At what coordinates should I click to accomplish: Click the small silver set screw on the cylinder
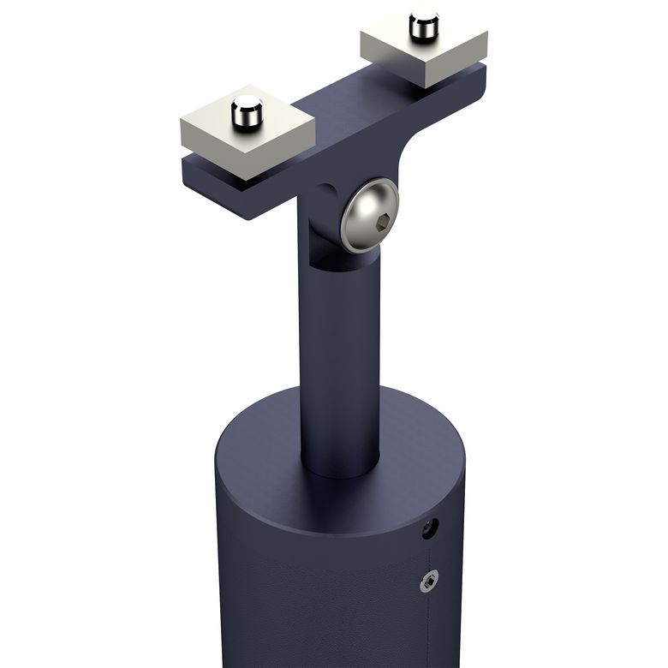[428, 582]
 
